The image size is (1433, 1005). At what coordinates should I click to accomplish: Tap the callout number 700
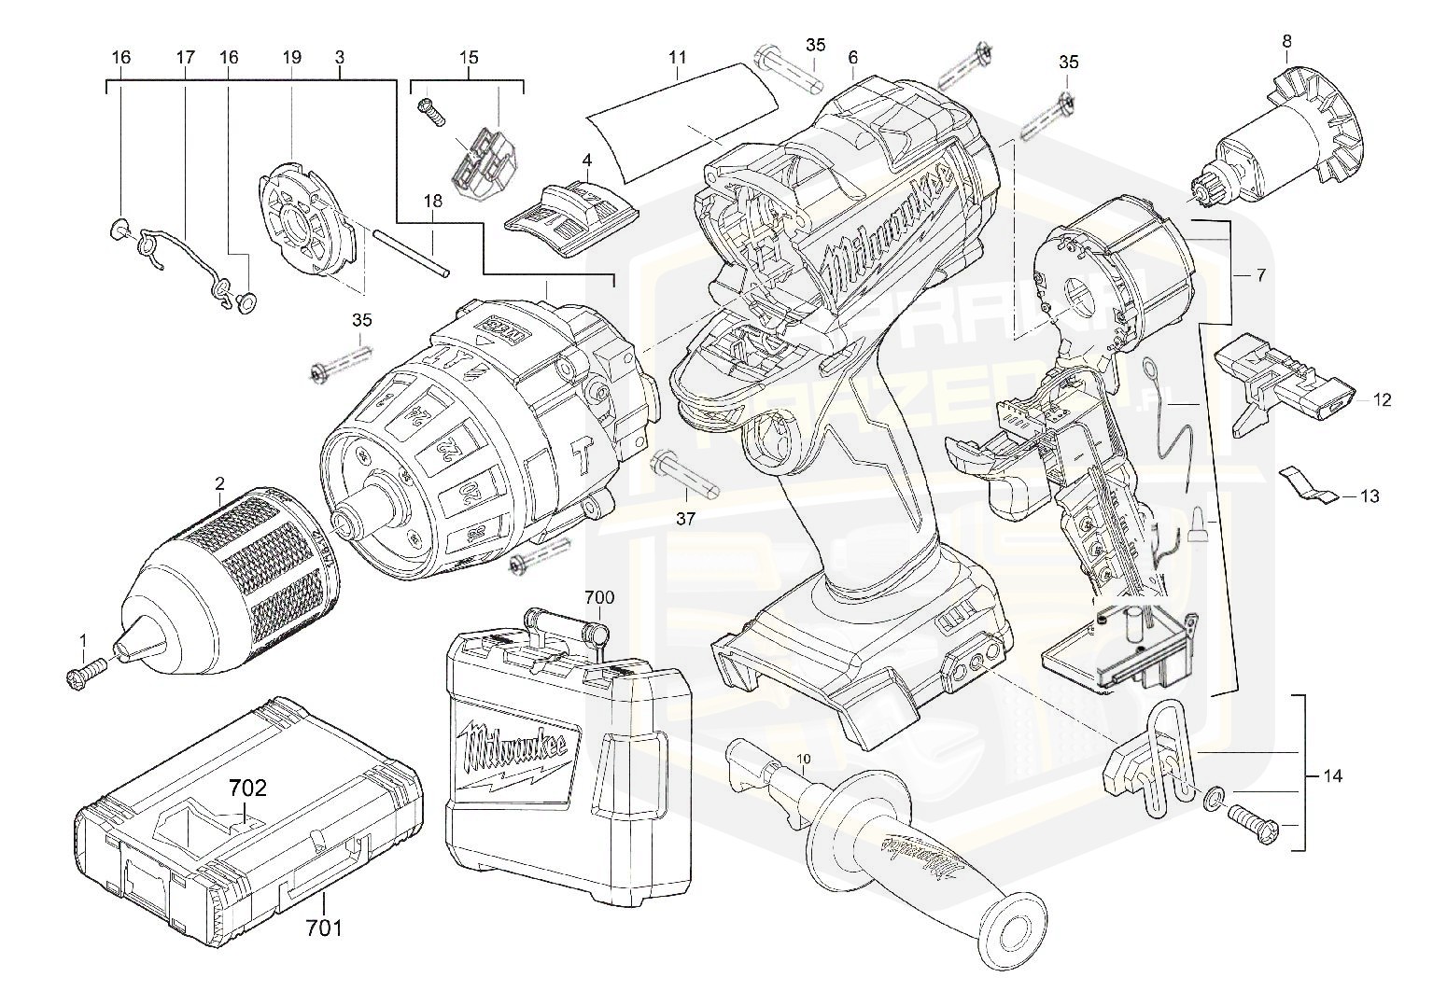click(599, 597)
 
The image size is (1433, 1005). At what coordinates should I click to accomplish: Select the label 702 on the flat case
click(246, 789)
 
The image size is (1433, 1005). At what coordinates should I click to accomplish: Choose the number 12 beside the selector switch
click(1382, 400)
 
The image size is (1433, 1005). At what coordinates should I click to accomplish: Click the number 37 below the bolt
click(685, 519)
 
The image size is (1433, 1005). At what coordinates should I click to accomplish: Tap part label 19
click(291, 58)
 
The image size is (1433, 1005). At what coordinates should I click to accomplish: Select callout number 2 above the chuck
click(219, 483)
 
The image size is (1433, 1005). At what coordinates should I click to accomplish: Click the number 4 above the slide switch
click(586, 161)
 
